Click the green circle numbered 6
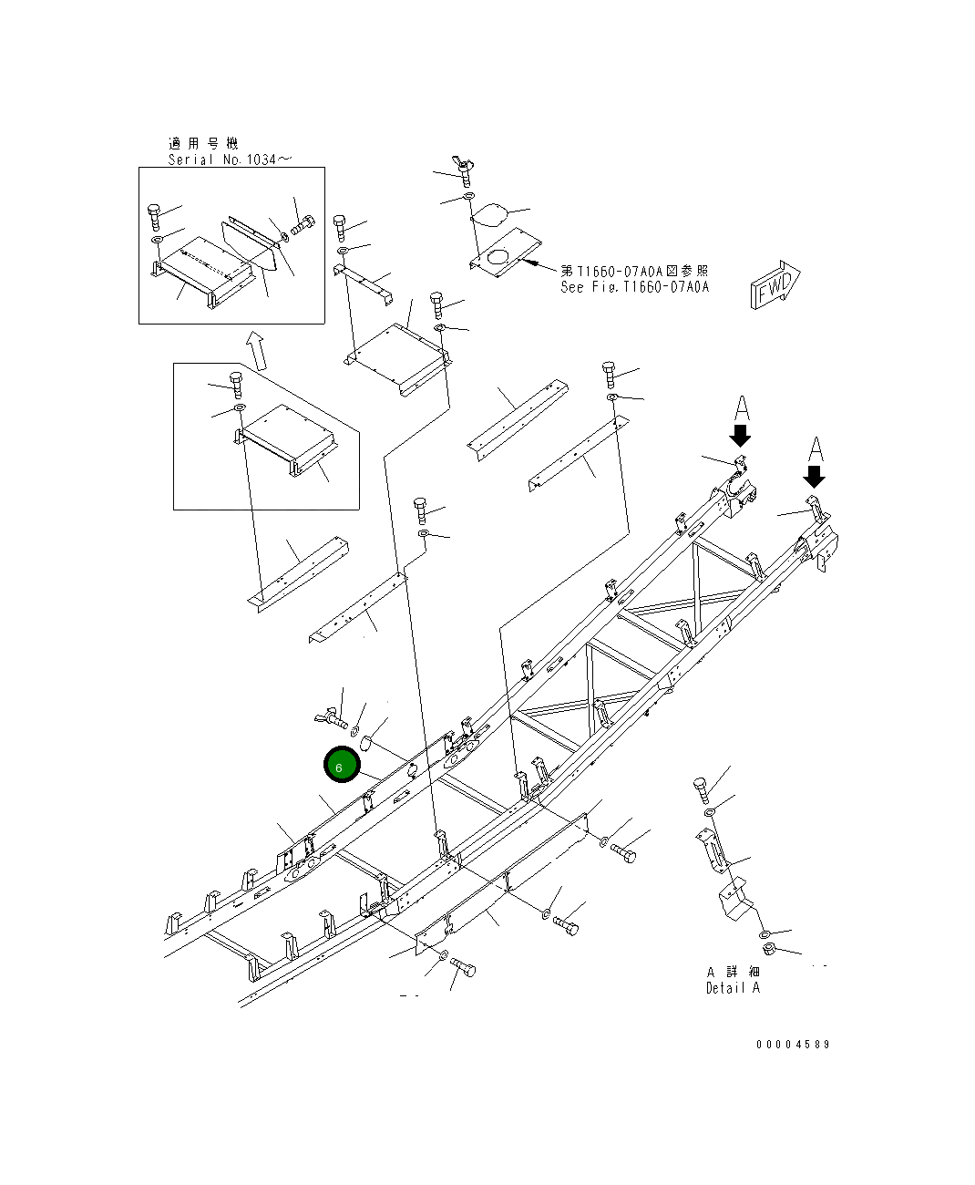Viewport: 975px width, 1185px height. pyautogui.click(x=339, y=767)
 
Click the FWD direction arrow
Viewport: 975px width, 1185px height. pyautogui.click(x=775, y=285)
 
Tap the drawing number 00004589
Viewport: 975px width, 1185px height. pyautogui.click(x=792, y=1045)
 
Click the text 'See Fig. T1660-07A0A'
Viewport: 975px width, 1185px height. pyautogui.click(x=634, y=287)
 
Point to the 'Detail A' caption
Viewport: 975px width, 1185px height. pyautogui.click(x=733, y=988)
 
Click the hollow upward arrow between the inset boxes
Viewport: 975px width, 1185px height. pyautogui.click(x=257, y=351)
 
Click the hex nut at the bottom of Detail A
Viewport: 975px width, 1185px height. pyautogui.click(x=767, y=951)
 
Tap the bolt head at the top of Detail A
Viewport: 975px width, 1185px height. pyautogui.click(x=700, y=785)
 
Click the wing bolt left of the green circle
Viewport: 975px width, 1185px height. pyautogui.click(x=328, y=720)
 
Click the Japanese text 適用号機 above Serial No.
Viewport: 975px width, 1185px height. pyautogui.click(x=202, y=143)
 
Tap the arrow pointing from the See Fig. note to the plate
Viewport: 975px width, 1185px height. pyautogui.click(x=538, y=266)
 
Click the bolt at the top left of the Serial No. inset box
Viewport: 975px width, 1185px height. pyautogui.click(x=154, y=215)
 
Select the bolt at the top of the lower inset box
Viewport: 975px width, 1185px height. pyautogui.click(x=237, y=384)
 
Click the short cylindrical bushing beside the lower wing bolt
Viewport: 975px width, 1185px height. pyautogui.click(x=366, y=741)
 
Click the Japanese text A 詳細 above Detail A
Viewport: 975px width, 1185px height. pyautogui.click(x=733, y=972)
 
